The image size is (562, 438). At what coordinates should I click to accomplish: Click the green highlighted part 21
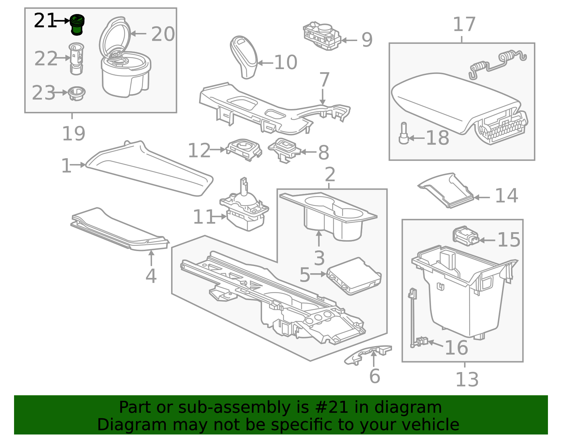click(77, 25)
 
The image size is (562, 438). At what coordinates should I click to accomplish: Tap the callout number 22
click(46, 59)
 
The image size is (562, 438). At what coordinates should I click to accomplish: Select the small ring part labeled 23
click(77, 93)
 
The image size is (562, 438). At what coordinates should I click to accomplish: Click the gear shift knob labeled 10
click(244, 57)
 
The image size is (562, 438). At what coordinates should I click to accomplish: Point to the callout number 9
click(367, 40)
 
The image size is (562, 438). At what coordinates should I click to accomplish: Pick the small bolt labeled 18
click(404, 133)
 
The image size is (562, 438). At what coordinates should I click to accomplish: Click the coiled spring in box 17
click(497, 65)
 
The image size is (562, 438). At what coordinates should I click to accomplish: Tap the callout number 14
click(506, 196)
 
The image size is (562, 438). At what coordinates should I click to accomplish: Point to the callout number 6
click(375, 376)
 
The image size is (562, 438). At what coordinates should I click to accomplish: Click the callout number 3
click(319, 258)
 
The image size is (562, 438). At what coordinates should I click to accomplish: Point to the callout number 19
click(74, 134)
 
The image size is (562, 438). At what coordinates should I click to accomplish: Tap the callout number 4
click(151, 276)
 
